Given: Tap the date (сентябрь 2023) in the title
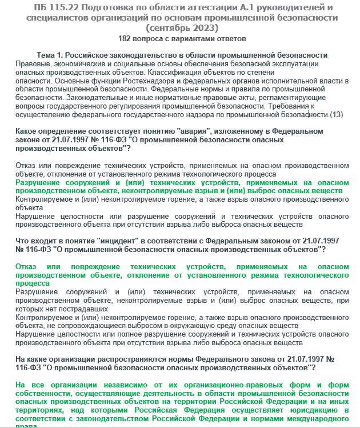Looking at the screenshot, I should [182, 27].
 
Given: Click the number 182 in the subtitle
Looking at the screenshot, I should [126, 39].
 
